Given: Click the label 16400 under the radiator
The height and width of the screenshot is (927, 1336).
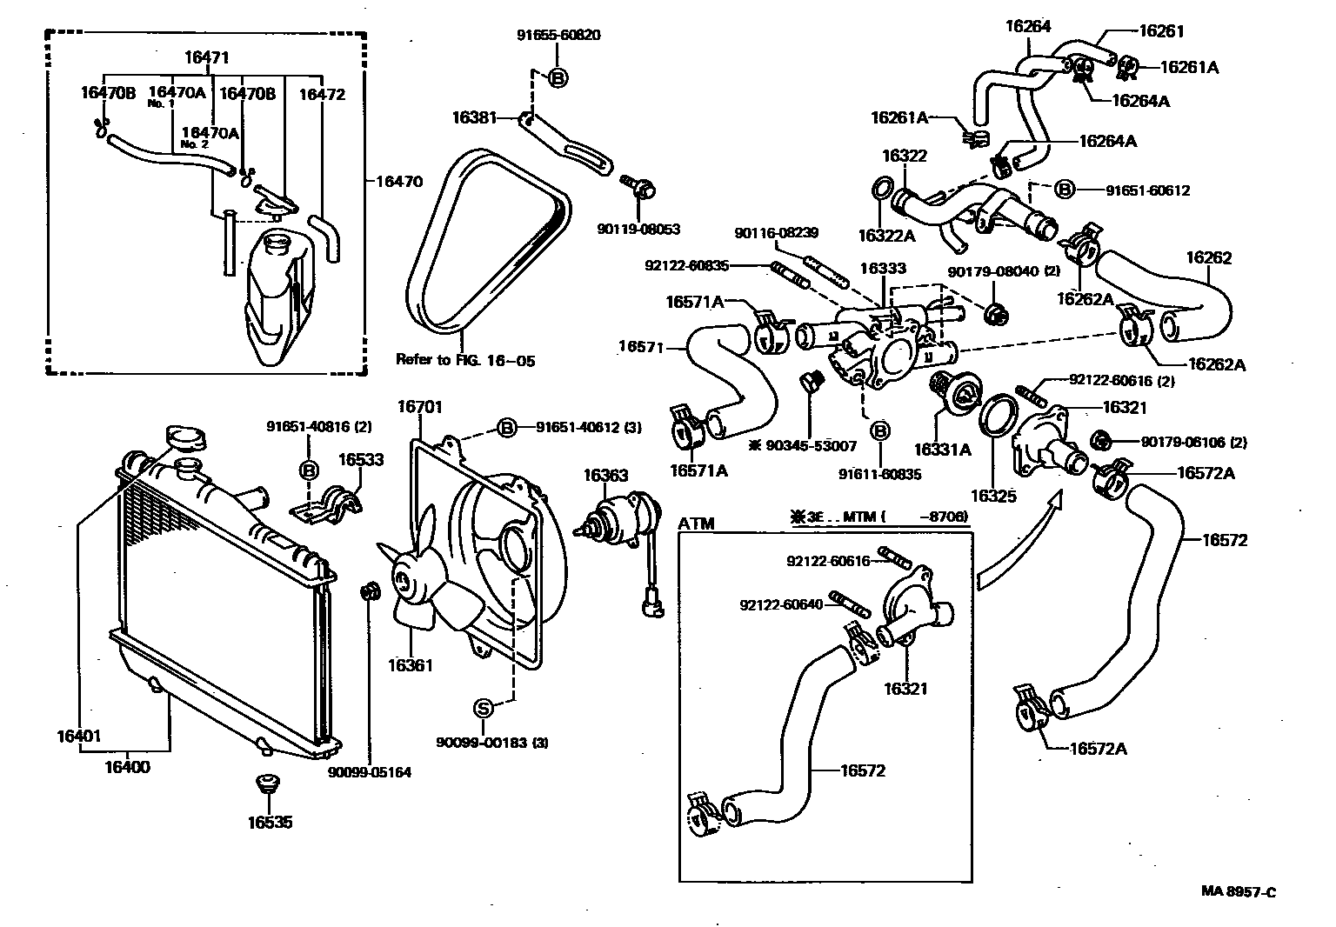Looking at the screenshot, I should (x=127, y=767).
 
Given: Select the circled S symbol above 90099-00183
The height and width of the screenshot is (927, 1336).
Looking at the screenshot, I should (x=484, y=709).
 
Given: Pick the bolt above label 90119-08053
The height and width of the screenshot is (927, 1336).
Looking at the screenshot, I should (x=639, y=186).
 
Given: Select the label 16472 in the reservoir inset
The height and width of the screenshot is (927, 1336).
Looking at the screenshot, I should (x=322, y=94).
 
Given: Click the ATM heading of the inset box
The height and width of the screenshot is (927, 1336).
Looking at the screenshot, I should (x=696, y=524).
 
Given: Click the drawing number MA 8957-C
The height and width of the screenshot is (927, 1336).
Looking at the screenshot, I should (x=1239, y=891).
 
